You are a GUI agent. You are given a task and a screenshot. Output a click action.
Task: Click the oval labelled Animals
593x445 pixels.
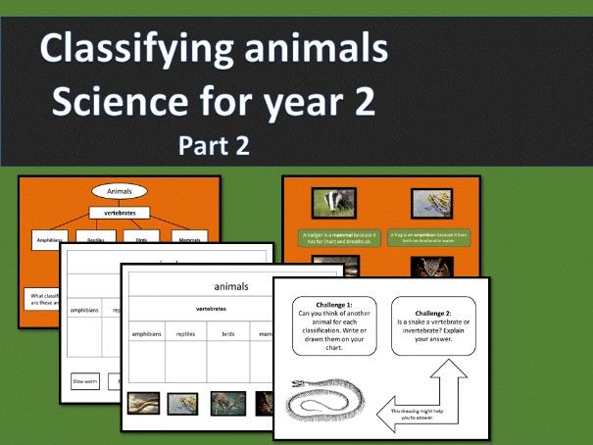pyautogui.click(x=119, y=192)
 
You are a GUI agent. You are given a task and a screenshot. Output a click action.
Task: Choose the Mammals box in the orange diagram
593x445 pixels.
pyautogui.click(x=185, y=238)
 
